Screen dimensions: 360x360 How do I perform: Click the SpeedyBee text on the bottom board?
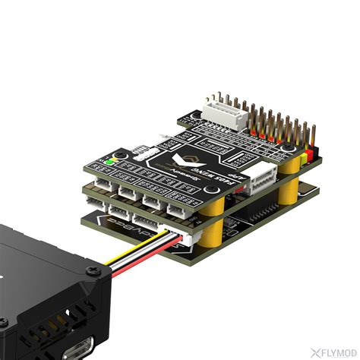click(122, 228)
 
